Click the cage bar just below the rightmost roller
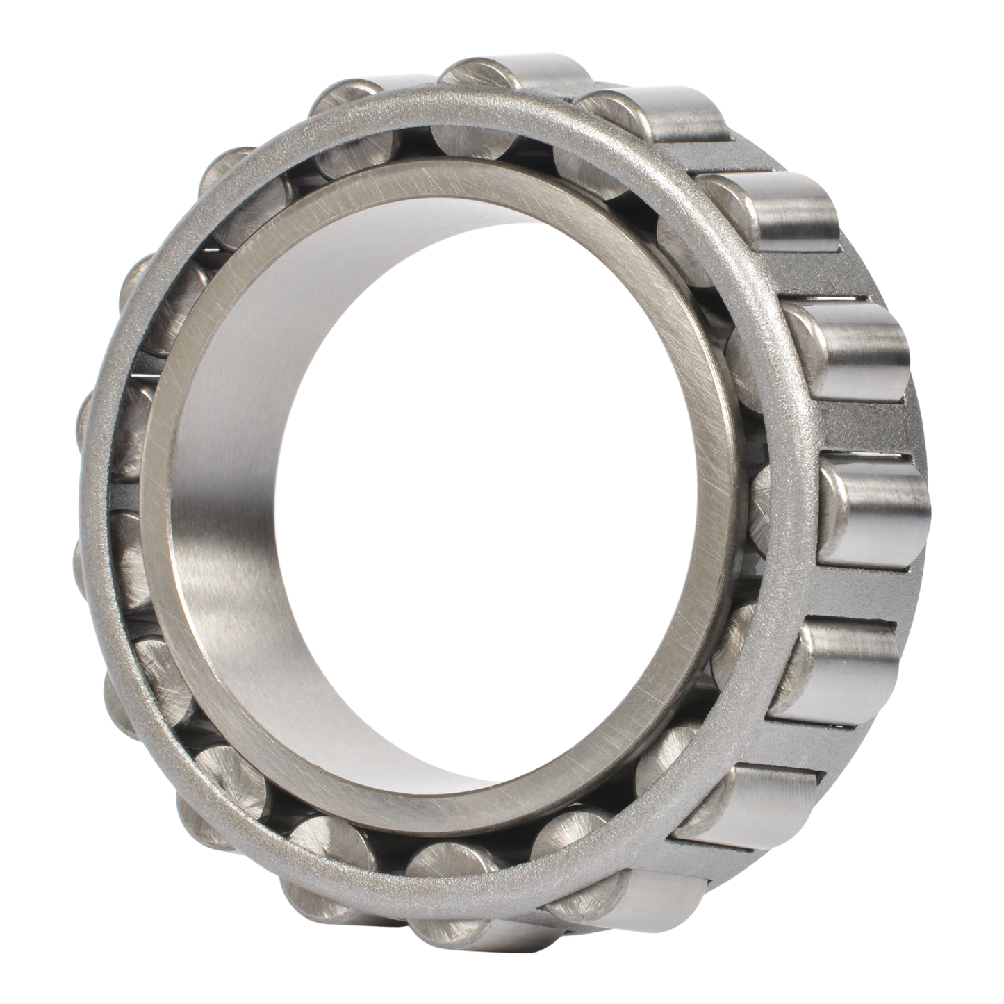click(855, 591)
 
